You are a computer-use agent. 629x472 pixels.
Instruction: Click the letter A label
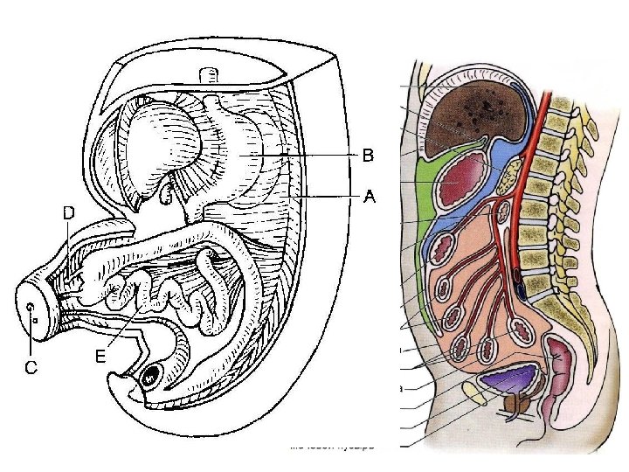[370, 198]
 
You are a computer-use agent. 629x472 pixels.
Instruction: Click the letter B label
[369, 156]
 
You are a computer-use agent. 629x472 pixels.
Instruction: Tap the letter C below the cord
[31, 368]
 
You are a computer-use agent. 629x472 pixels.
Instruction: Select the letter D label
[67, 212]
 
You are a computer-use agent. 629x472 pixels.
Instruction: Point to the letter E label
[100, 356]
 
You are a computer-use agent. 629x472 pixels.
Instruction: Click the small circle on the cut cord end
[31, 308]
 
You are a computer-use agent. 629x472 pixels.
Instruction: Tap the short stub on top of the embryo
[209, 76]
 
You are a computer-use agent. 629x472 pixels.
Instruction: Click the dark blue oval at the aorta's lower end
[520, 281]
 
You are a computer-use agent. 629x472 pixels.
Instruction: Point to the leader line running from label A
[328, 198]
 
